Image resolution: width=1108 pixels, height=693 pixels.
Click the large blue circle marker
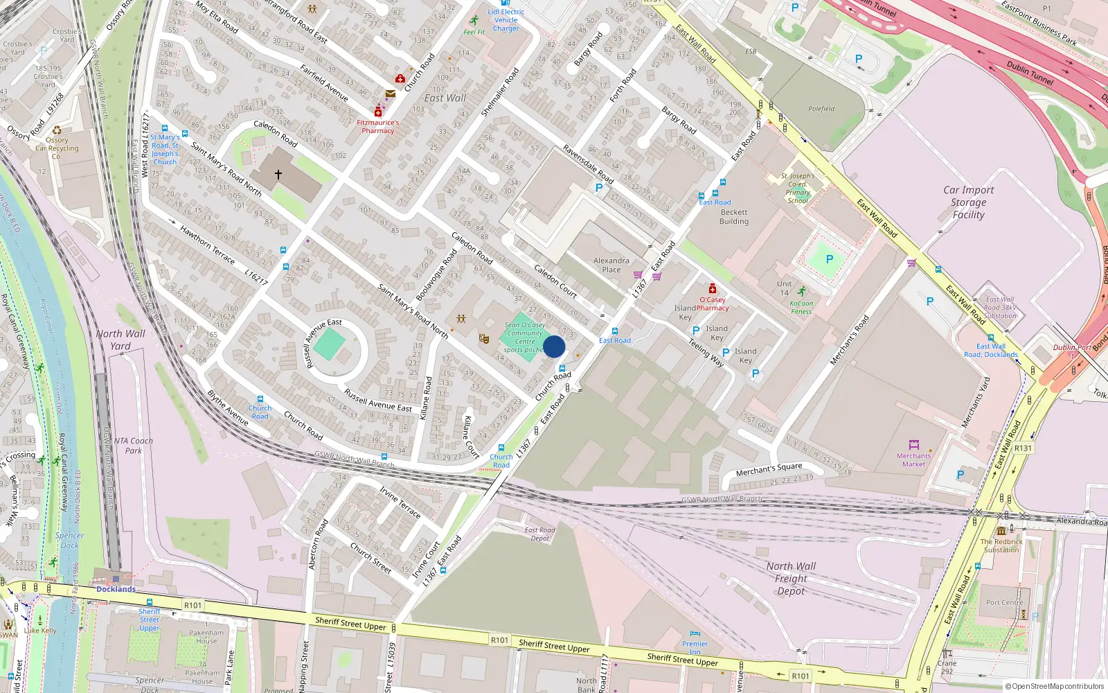[x=554, y=346]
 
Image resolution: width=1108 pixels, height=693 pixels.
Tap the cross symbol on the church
[x=278, y=175]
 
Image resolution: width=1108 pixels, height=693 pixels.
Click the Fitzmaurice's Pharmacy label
[x=377, y=126]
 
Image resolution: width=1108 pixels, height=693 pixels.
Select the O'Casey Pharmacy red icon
[x=712, y=289]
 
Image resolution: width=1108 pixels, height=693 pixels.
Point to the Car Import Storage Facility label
[x=968, y=202]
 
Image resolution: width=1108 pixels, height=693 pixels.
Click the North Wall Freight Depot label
[x=791, y=579]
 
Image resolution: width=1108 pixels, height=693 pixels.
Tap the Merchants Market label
[x=913, y=459]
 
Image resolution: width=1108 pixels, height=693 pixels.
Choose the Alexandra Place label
[x=611, y=265]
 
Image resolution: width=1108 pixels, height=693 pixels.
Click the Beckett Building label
[x=734, y=217]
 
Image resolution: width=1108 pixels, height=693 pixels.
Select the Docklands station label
[x=116, y=589]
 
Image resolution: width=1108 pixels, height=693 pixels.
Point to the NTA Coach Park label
[x=133, y=446]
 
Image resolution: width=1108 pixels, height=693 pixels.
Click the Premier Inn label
[x=695, y=647]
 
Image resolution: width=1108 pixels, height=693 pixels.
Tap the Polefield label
[x=821, y=109]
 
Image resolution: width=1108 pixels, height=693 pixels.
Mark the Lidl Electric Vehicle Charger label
[x=506, y=20]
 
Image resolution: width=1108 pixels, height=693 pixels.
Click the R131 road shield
[x=1023, y=448]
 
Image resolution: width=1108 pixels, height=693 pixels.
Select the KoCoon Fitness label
[x=801, y=307]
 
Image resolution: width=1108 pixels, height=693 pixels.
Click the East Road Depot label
[x=539, y=534]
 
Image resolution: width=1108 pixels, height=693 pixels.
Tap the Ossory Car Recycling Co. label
[x=57, y=148]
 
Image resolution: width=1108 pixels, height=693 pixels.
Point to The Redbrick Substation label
[x=1001, y=545]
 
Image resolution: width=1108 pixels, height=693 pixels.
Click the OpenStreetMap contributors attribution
[x=1054, y=686]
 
